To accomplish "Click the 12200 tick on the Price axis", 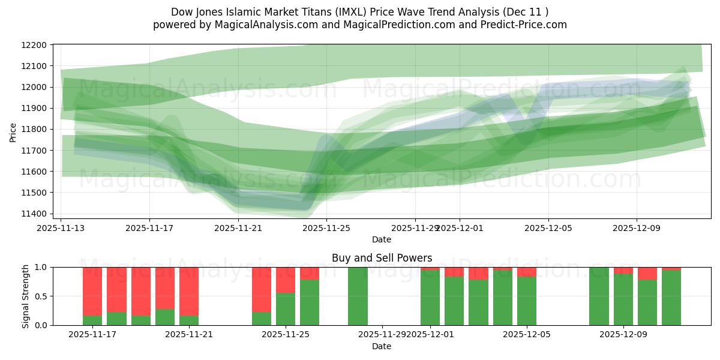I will click(36, 45).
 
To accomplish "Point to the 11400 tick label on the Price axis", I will click(36, 214).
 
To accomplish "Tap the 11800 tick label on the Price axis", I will click(36, 129).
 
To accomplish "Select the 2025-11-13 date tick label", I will click(61, 228).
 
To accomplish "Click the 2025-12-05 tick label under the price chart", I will click(548, 228).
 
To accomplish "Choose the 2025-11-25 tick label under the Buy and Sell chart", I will click(286, 335).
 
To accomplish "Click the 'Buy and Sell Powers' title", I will click(382, 258).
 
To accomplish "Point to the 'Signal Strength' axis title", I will click(25, 296).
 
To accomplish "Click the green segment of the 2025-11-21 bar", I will click(189, 320).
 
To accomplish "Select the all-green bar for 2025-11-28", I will click(358, 296).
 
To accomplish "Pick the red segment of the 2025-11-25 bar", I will click(286, 280).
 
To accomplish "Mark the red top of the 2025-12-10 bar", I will click(647, 273).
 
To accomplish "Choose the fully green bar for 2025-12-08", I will click(599, 296).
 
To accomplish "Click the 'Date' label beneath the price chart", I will click(382, 239).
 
